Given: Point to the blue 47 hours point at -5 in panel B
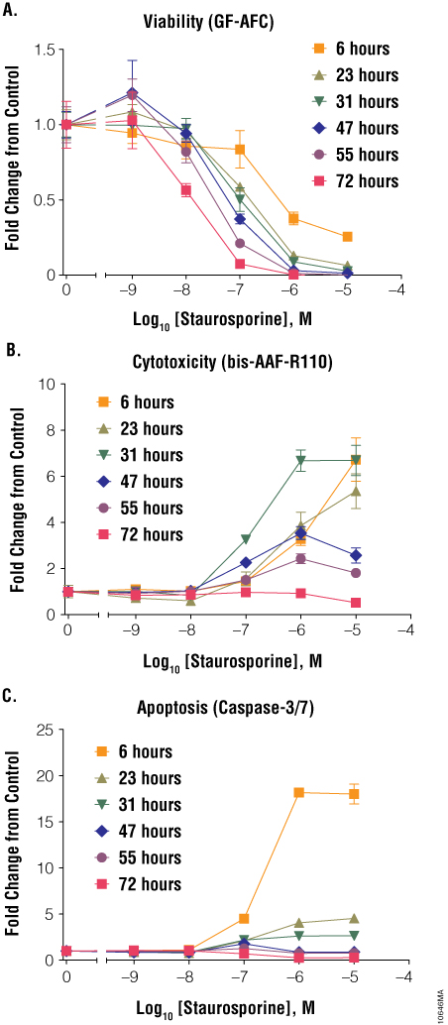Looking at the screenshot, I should coord(347,555).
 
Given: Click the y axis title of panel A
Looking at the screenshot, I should coord(13,161).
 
